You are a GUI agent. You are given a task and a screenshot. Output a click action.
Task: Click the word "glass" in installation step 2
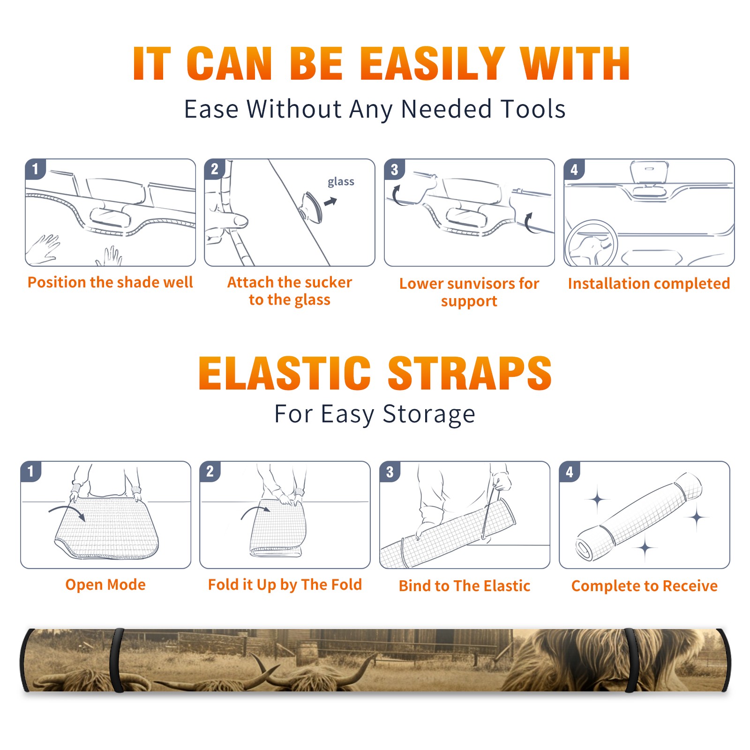pyautogui.click(x=341, y=182)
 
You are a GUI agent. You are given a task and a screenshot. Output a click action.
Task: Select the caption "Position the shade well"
pyautogui.click(x=110, y=282)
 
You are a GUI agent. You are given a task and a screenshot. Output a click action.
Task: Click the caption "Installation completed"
pyautogui.click(x=649, y=283)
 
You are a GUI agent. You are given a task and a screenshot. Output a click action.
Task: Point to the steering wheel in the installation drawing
pyautogui.click(x=592, y=243)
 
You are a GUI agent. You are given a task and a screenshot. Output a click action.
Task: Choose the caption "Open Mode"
pyautogui.click(x=105, y=585)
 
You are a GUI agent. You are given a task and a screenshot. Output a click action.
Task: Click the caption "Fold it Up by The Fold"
pyautogui.click(x=285, y=585)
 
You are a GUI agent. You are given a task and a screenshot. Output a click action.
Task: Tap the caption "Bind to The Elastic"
pyautogui.click(x=465, y=586)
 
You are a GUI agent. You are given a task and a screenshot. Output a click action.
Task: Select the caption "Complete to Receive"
pyautogui.click(x=645, y=586)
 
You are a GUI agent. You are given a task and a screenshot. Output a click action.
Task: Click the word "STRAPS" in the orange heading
pyautogui.click(x=470, y=373)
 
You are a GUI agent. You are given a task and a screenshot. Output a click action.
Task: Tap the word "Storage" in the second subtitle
pyautogui.click(x=429, y=414)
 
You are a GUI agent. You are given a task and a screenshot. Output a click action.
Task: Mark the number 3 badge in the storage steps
pyautogui.click(x=390, y=472)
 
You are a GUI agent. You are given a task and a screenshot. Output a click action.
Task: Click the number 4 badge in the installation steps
pyautogui.click(x=574, y=169)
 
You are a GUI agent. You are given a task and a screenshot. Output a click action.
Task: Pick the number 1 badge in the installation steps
pyautogui.click(x=35, y=169)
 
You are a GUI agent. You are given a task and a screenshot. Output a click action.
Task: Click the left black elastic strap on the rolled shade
pyautogui.click(x=117, y=660)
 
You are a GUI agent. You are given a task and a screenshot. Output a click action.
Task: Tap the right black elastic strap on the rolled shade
pyautogui.click(x=631, y=660)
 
